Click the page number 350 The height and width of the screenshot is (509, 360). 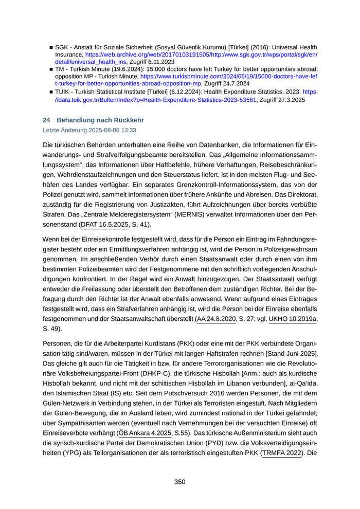[x=179, y=482]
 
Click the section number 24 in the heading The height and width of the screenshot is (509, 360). [x=46, y=120]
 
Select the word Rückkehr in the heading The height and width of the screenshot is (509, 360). [x=127, y=120]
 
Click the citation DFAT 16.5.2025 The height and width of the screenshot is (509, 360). [x=105, y=225]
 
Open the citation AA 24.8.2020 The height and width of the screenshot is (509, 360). [x=217, y=319]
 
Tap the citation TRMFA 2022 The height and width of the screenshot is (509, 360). [x=281, y=454]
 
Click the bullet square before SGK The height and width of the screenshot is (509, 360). [x=51, y=47]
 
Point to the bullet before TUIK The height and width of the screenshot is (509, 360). [x=51, y=91]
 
